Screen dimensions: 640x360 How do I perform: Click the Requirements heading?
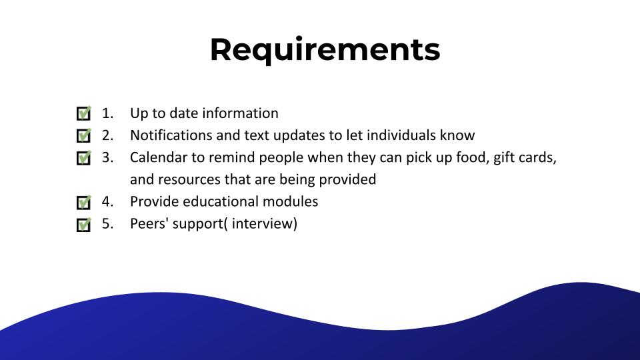[325, 50]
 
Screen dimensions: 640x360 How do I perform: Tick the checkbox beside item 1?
[84, 113]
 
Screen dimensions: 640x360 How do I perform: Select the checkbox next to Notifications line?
[84, 135]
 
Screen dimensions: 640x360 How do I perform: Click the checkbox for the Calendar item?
[84, 157]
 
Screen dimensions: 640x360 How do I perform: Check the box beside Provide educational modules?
[84, 202]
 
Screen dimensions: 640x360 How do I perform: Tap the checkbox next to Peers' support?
[84, 224]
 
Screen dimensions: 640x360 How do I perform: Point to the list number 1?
[107, 113]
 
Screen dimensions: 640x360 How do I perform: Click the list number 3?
[107, 157]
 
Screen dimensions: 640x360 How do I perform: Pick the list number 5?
[107, 224]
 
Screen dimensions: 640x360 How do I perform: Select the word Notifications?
[171, 135]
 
